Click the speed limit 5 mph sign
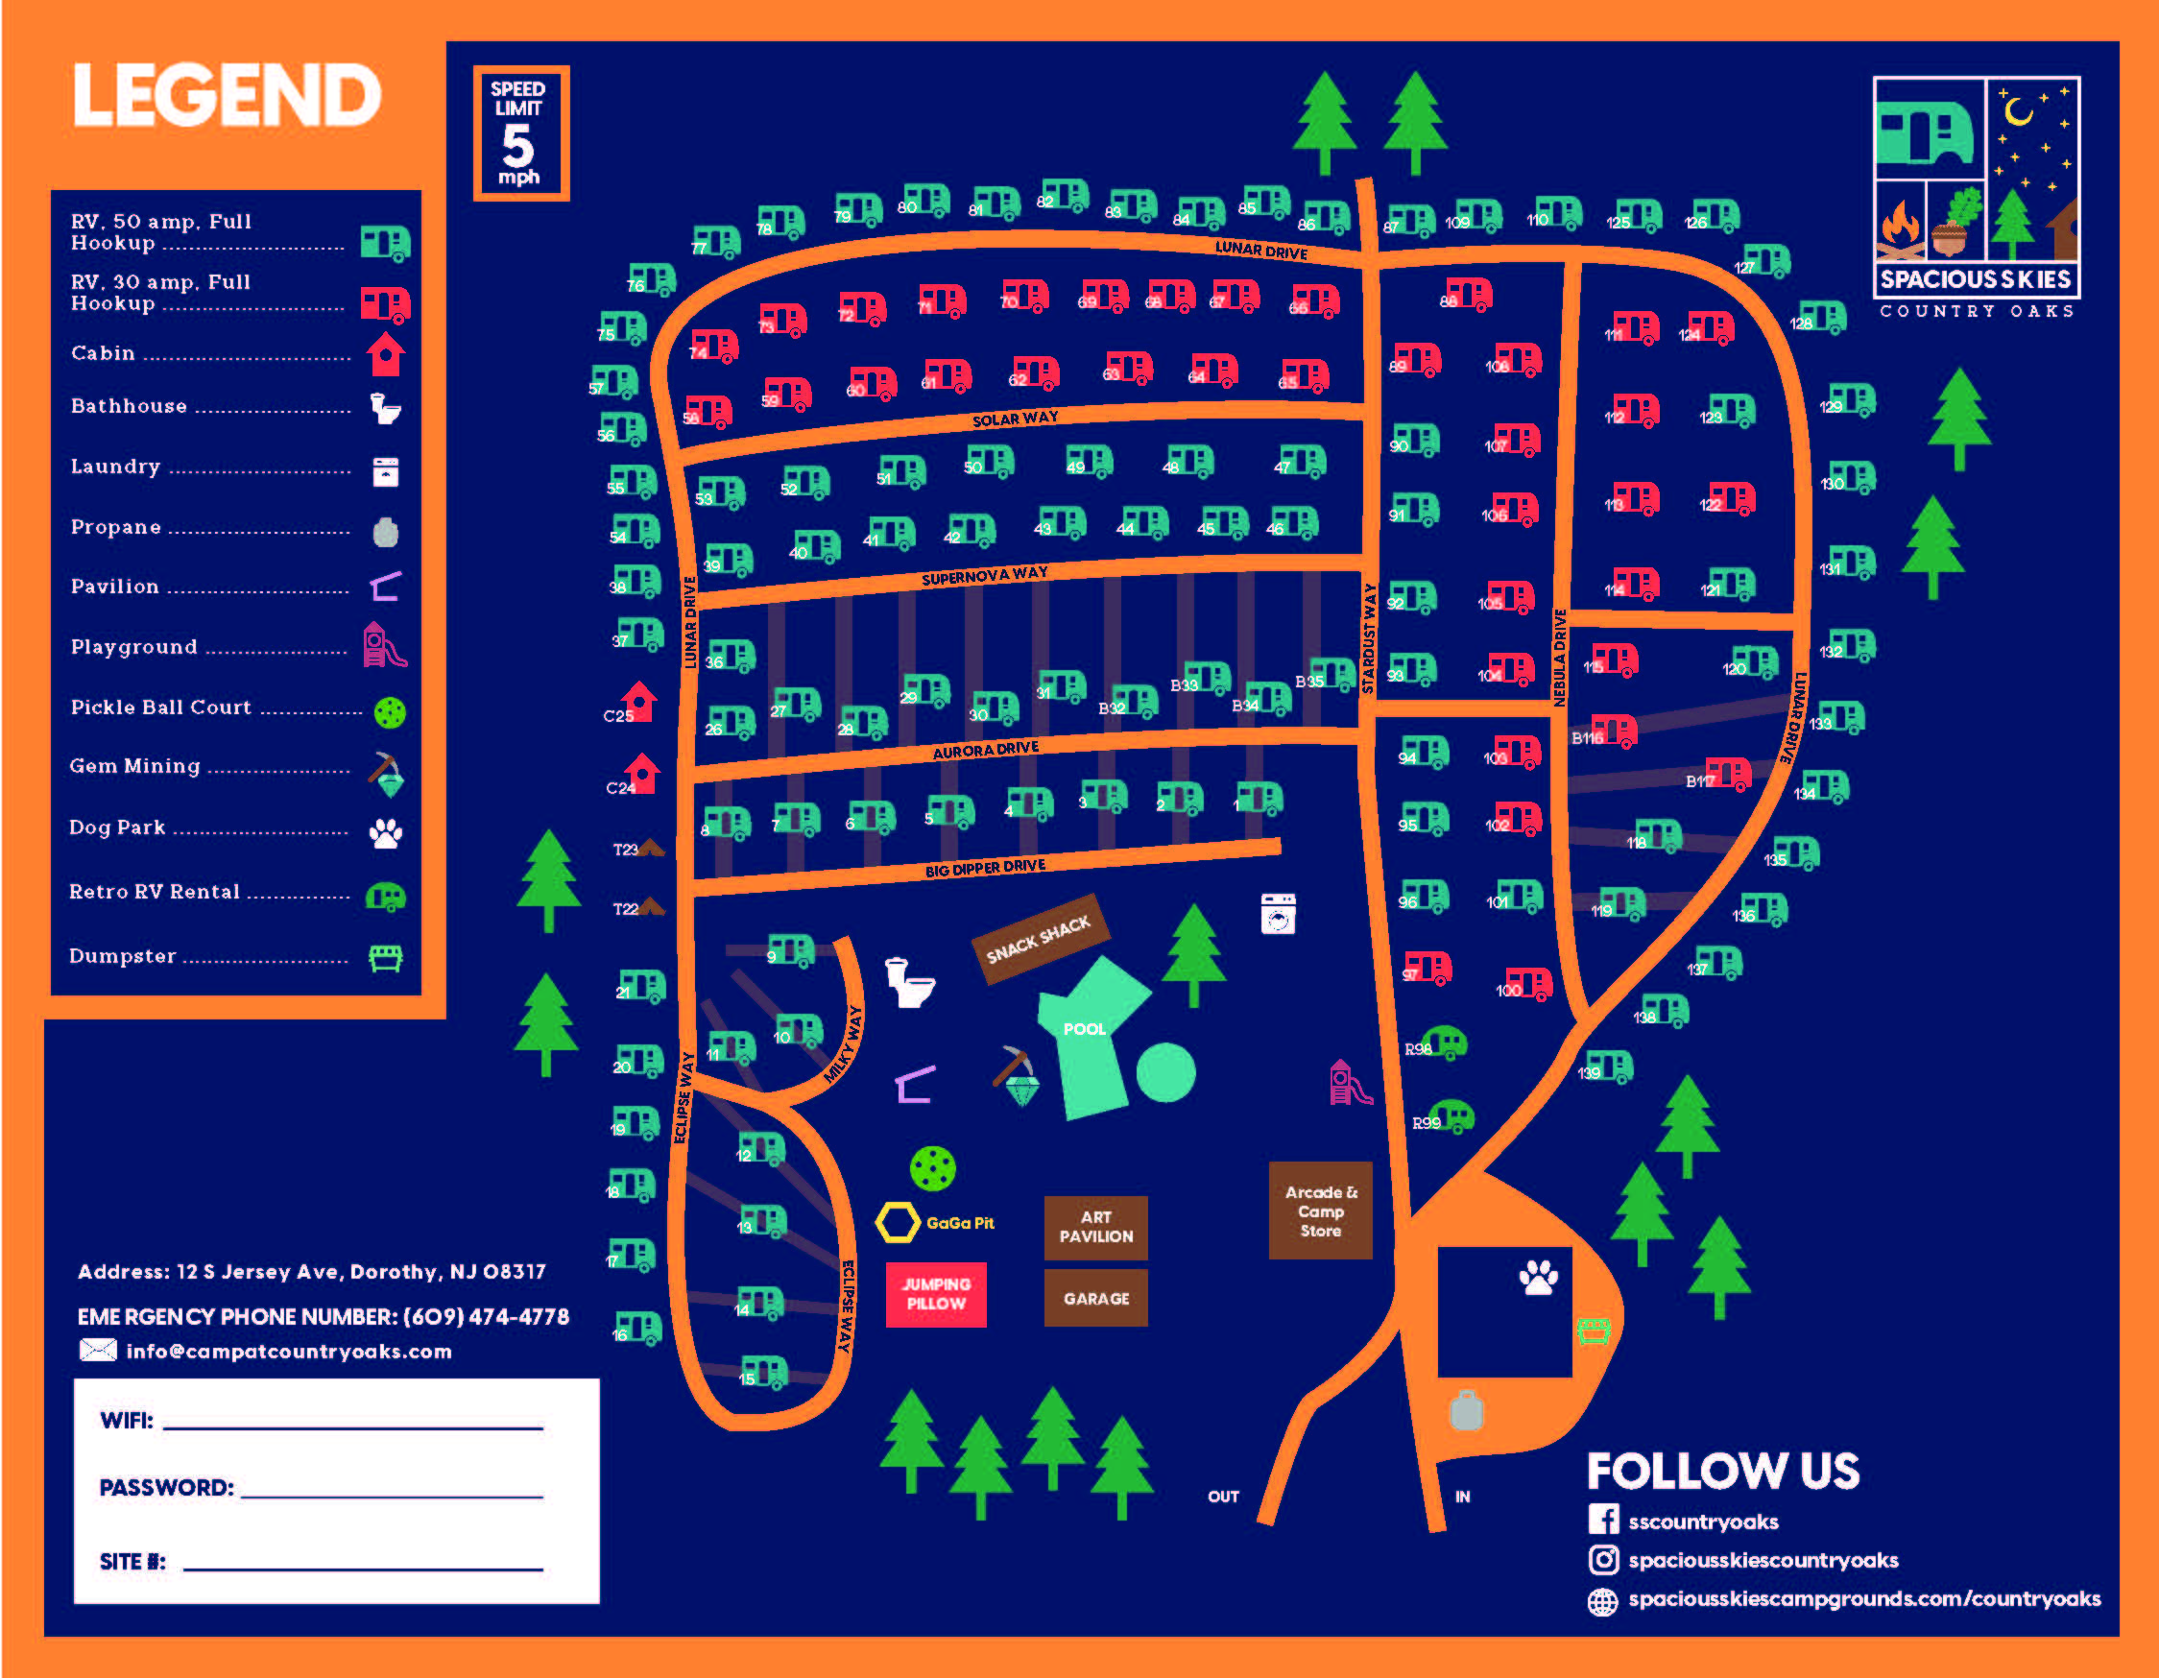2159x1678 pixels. [521, 132]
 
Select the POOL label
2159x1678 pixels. [1084, 1029]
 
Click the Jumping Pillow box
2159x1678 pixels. [935, 1293]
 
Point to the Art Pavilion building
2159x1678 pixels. [1095, 1227]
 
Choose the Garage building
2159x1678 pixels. [1095, 1298]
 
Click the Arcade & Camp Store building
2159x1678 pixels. [1320, 1211]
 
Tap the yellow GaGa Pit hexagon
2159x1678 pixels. [898, 1222]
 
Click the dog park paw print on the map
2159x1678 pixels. [1537, 1278]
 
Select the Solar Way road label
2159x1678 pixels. [1015, 419]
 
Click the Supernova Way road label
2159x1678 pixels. [984, 575]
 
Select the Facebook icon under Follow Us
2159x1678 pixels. [1602, 1520]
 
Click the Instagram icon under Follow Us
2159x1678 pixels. [1602, 1559]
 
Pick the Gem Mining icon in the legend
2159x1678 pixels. [387, 774]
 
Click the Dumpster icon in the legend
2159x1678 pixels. [386, 957]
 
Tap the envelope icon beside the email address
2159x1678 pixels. [97, 1350]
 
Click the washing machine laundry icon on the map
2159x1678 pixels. [1277, 914]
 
